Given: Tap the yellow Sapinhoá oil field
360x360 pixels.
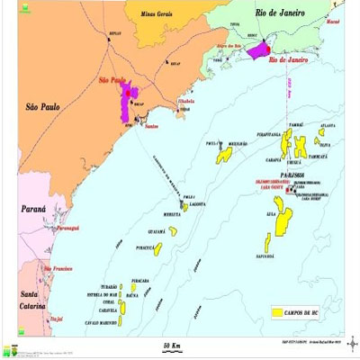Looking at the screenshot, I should tap(268, 241).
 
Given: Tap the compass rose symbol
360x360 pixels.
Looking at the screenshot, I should tap(351, 342).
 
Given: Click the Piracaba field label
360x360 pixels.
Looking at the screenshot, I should tap(139, 281).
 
